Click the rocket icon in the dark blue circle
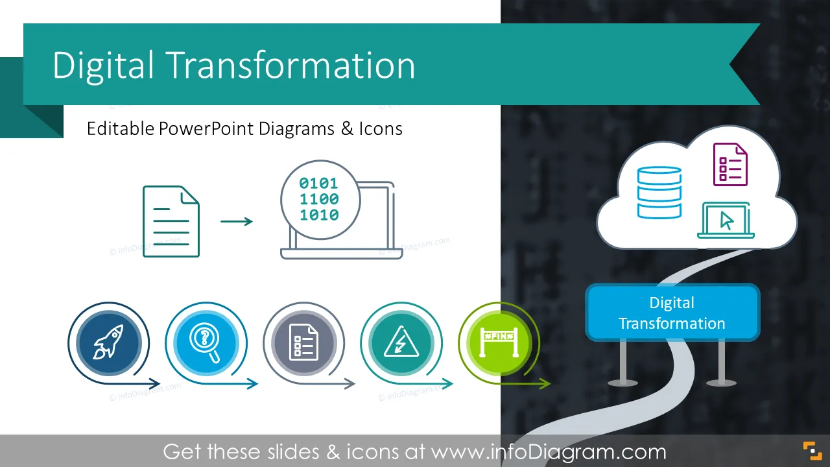pyautogui.click(x=108, y=342)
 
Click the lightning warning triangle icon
pyautogui.click(x=401, y=342)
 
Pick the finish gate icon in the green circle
pyautogui.click(x=499, y=342)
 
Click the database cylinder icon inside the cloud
pyautogui.click(x=659, y=193)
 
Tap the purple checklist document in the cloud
pyautogui.click(x=730, y=164)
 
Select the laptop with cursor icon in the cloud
pyautogui.click(x=726, y=220)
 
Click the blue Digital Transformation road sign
pyautogui.click(x=672, y=313)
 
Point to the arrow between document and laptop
pyautogui.click(x=237, y=222)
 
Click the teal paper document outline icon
pyautogui.click(x=171, y=222)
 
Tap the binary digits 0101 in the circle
pyautogui.click(x=318, y=183)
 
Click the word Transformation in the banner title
pyautogui.click(x=292, y=66)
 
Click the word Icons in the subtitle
pyautogui.click(x=381, y=128)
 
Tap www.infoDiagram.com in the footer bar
pyautogui.click(x=549, y=452)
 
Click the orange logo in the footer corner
pyautogui.click(x=812, y=451)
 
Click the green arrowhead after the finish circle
pyautogui.click(x=545, y=383)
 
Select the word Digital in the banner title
pyautogui.click(x=103, y=66)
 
